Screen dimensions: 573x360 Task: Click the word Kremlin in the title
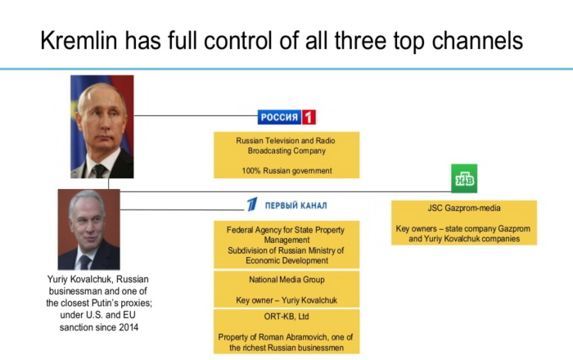79,40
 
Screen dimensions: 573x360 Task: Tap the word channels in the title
477,40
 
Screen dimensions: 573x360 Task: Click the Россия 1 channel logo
286,117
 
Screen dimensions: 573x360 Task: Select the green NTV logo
464,178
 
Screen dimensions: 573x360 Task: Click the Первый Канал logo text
296,205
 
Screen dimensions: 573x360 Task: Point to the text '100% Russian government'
286,170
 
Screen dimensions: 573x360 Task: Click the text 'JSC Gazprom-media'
464,208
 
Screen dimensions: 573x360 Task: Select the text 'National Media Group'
286,280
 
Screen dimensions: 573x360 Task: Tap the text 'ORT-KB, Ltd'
286,317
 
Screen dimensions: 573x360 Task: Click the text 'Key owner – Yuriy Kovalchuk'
286,300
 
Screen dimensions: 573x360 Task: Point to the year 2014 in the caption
129,327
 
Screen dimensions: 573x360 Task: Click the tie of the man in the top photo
99,171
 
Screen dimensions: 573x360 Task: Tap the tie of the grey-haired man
85,262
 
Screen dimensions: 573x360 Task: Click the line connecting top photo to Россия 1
196,115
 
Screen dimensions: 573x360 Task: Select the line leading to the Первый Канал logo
182,209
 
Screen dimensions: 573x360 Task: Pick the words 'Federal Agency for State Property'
286,230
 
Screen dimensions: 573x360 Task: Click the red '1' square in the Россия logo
309,117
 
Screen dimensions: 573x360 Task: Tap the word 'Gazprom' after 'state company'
508,229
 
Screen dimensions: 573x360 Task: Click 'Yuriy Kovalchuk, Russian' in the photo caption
98,279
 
